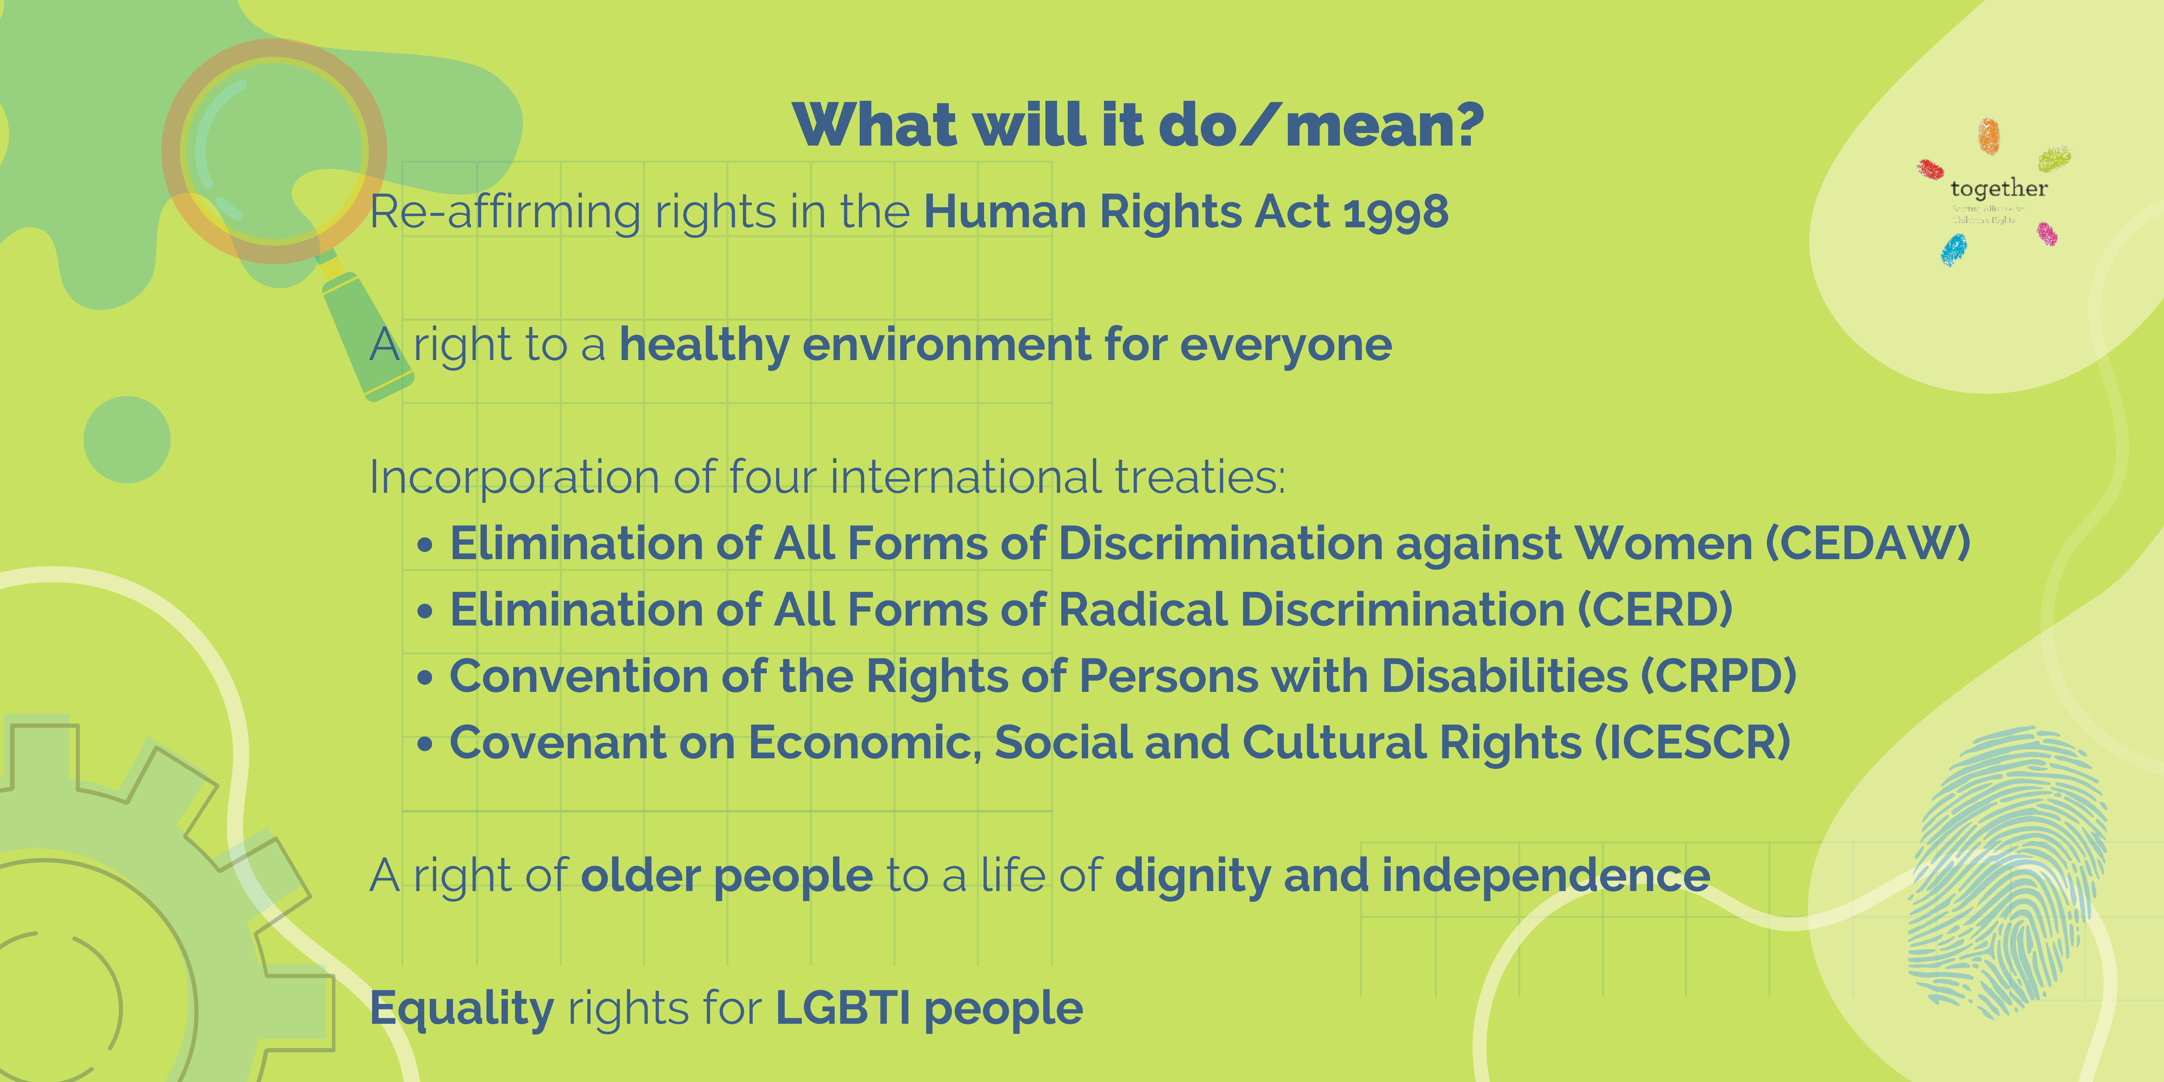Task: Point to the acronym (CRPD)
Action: click(x=1718, y=676)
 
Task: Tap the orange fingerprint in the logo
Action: click(x=1988, y=136)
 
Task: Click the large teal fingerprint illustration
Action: click(x=2008, y=874)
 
